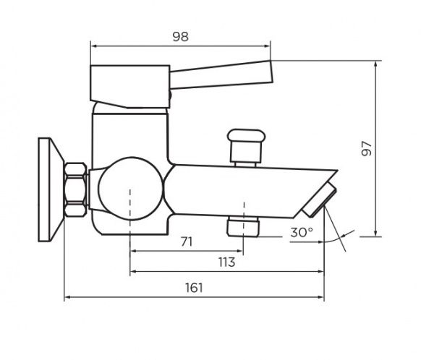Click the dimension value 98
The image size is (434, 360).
[x=180, y=37]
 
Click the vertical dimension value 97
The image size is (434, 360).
[x=367, y=149]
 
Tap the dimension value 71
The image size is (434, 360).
[x=187, y=242]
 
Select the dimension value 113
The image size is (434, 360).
[x=226, y=262]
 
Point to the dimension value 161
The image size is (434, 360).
[x=194, y=288]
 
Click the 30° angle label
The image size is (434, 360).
[x=302, y=233]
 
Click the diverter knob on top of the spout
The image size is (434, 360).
[x=246, y=147]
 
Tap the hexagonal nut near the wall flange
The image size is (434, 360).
[x=75, y=189]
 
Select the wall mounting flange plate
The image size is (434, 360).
[x=51, y=189]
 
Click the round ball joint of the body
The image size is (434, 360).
[x=130, y=189]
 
